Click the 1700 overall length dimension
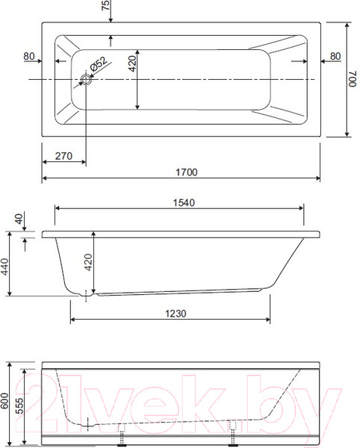[186, 172]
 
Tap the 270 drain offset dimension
[63, 156]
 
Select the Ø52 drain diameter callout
[99, 64]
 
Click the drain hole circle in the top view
[86, 79]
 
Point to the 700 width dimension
[353, 79]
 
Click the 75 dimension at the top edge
[106, 5]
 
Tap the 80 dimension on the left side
[29, 56]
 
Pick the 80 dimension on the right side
[335, 56]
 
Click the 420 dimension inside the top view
[132, 63]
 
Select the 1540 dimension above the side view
[184, 202]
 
